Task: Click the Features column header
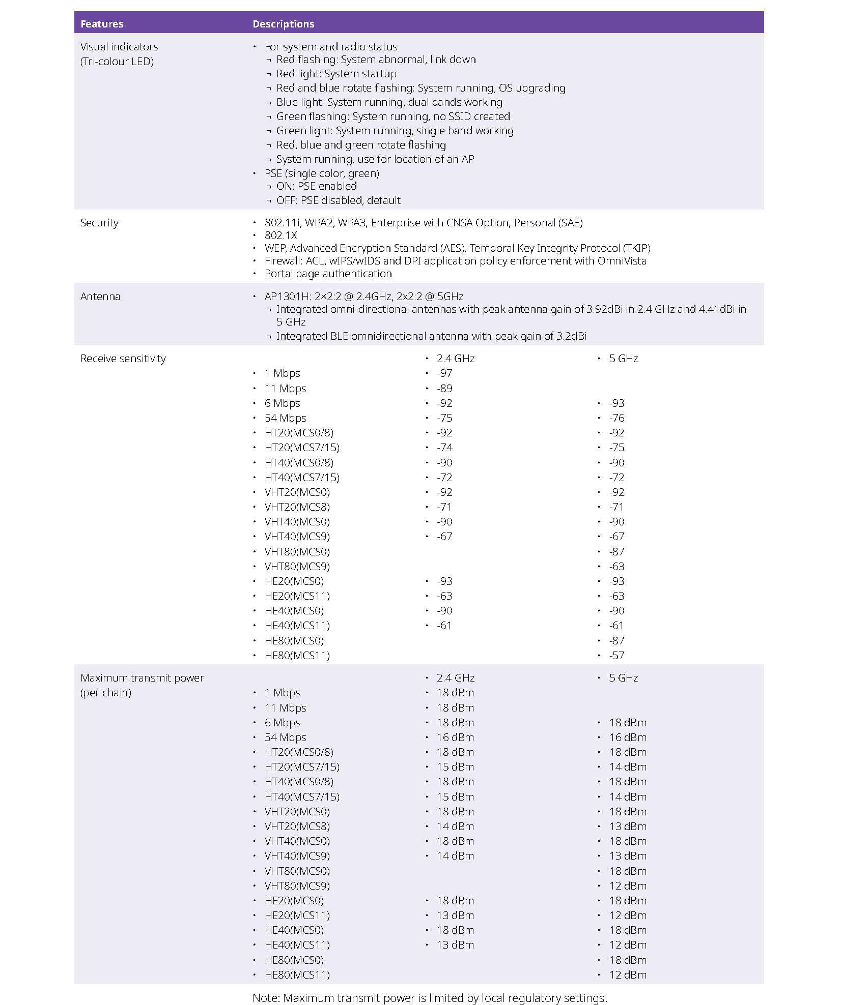102,24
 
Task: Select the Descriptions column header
283,24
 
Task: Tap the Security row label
99,223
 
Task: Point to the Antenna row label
100,297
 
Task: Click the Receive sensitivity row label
123,359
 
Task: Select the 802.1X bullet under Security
280,235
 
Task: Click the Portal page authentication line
328,274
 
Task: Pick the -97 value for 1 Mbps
444,373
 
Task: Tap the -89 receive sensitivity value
444,389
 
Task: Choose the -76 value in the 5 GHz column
616,418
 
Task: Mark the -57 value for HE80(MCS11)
616,656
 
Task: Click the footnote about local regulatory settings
430,998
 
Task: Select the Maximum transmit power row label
142,678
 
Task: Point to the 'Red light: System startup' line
336,74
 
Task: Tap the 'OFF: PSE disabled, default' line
338,200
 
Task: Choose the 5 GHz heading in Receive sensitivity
623,359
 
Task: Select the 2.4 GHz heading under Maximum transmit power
455,678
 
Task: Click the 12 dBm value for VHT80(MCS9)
628,886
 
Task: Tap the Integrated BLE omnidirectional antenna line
431,336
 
